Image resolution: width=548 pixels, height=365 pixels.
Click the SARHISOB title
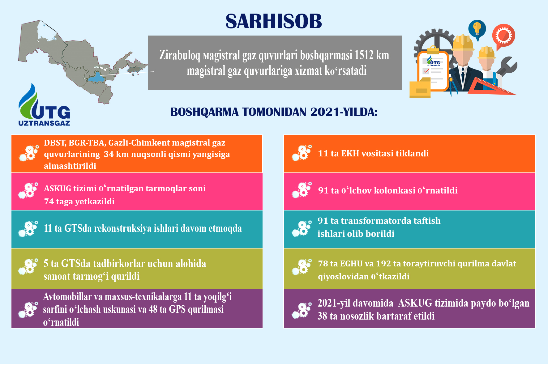pyautogui.click(x=274, y=21)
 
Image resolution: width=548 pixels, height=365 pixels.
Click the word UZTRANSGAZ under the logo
pyautogui.click(x=44, y=123)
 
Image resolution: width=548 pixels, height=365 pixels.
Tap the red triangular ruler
pyautogui.click(x=490, y=86)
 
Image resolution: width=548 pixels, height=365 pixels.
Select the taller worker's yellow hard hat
pyautogui.click(x=463, y=43)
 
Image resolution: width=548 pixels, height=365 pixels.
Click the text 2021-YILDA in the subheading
pyautogui.click(x=344, y=112)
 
